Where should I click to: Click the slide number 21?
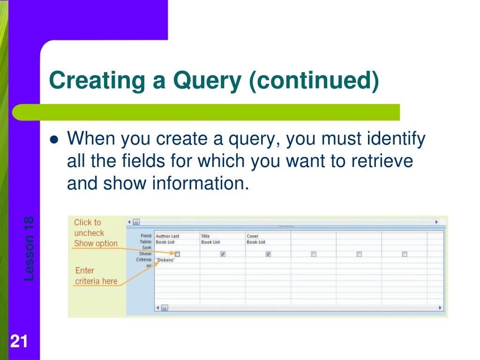(x=18, y=342)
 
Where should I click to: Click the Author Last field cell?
(x=167, y=236)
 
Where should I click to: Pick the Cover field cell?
(x=253, y=236)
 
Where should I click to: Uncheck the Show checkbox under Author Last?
(x=177, y=254)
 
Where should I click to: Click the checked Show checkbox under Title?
(x=223, y=254)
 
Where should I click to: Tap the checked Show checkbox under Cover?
(x=268, y=254)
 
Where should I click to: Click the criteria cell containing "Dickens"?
(x=165, y=260)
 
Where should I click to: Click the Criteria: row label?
(x=143, y=259)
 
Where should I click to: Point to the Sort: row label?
(x=147, y=247)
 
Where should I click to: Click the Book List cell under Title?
(x=210, y=242)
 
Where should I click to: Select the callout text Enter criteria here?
(x=96, y=276)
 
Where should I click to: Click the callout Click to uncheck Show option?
(x=96, y=233)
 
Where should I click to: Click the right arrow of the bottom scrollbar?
(x=440, y=308)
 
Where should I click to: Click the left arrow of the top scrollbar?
(x=129, y=222)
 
